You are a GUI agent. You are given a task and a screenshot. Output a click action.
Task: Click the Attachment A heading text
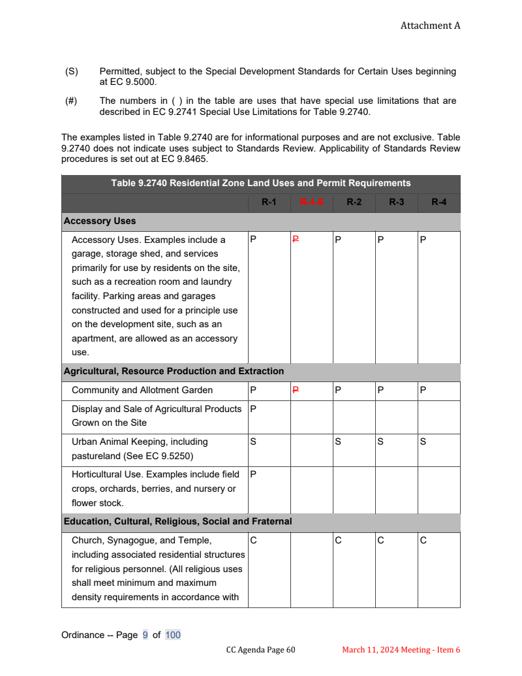(430, 25)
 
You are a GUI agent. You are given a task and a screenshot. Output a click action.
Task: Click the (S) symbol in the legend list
(71, 71)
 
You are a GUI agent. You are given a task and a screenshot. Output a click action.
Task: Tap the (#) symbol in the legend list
(71, 101)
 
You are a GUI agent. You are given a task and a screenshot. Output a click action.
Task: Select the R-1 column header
(269, 202)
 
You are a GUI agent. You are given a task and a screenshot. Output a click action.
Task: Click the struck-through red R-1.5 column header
(311, 202)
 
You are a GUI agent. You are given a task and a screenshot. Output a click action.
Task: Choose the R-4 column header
(439, 202)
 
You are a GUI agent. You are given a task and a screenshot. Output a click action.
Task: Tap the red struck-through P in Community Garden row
(295, 390)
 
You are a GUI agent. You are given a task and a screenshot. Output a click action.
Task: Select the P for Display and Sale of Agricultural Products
(253, 409)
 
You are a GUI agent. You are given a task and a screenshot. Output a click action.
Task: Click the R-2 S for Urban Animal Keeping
(338, 442)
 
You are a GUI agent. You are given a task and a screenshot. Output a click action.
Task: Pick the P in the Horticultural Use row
(253, 474)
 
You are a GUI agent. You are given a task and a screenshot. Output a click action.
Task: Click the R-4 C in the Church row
(423, 540)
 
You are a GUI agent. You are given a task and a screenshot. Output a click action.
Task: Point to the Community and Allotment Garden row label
(142, 390)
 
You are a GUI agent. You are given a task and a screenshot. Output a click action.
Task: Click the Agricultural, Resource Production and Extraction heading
(174, 371)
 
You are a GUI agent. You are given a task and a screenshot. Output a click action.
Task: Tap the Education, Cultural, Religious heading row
(177, 521)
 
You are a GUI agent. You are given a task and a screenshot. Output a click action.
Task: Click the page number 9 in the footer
(146, 635)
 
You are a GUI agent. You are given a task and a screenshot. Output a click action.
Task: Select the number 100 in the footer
(173, 635)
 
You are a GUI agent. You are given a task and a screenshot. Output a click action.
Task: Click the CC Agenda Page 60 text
(261, 650)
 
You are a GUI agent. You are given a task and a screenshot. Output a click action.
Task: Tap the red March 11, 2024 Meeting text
(401, 650)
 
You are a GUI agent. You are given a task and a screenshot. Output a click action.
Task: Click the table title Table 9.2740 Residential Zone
(261, 183)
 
